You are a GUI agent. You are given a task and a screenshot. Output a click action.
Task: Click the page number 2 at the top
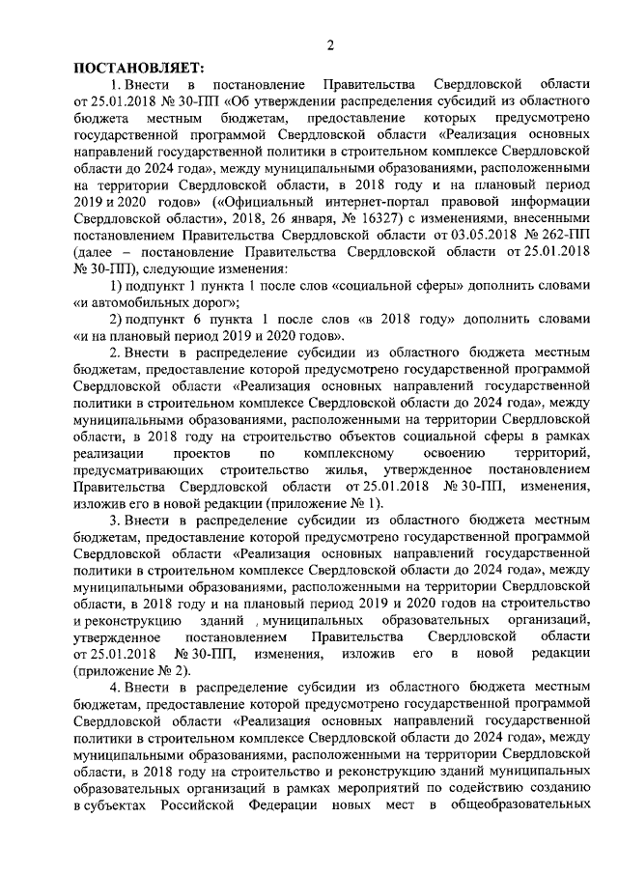pyautogui.click(x=330, y=43)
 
